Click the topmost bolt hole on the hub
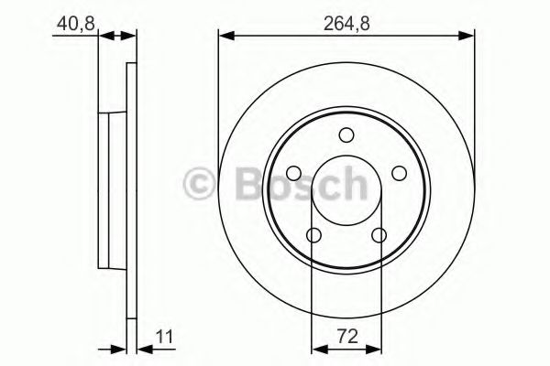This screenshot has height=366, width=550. point(346,136)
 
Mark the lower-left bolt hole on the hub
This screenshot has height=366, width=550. point(313,236)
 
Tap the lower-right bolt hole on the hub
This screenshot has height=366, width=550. point(379,236)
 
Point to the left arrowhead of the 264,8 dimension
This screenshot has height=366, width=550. point(225,37)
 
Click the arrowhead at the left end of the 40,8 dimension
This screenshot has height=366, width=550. point(104,37)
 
